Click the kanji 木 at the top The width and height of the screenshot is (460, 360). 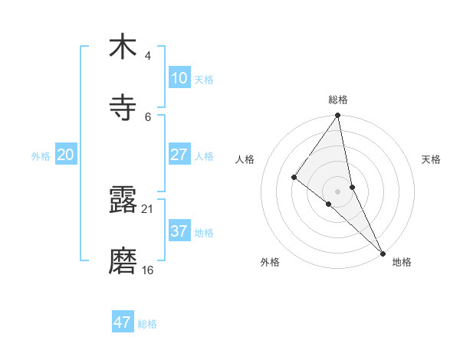click(123, 47)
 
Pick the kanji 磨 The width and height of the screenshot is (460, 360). click(123, 261)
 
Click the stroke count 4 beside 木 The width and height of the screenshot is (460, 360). click(147, 56)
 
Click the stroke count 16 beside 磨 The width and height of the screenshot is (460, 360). click(147, 270)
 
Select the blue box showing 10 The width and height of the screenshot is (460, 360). click(179, 78)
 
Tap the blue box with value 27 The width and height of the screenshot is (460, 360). click(179, 155)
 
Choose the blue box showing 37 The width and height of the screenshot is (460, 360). click(179, 231)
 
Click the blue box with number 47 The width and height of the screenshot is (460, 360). click(123, 322)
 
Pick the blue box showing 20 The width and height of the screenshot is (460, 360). click(65, 155)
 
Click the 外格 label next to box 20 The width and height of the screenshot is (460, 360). click(41, 156)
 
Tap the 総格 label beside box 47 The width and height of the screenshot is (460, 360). click(147, 324)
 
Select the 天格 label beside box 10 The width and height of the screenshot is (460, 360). click(203, 80)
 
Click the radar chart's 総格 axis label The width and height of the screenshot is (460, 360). click(338, 100)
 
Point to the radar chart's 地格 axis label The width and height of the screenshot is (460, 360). click(402, 262)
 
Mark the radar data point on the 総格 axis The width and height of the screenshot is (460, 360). click(338, 116)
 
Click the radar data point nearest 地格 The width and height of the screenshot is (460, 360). click(383, 252)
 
